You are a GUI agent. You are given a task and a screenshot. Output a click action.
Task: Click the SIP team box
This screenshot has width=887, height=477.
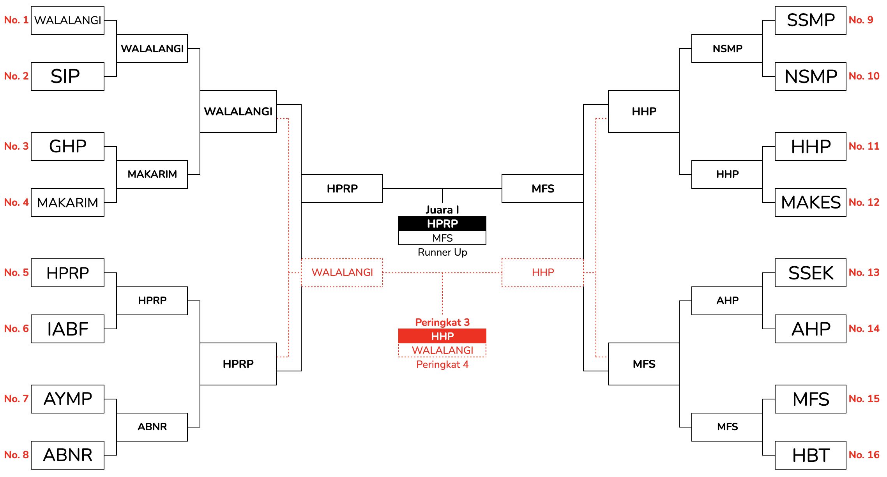[67, 76]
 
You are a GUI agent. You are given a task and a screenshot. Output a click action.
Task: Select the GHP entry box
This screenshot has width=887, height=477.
[67, 147]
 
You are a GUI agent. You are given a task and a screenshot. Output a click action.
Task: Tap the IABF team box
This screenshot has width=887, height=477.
[67, 329]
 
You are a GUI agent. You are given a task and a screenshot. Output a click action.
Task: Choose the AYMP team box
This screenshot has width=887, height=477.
[67, 399]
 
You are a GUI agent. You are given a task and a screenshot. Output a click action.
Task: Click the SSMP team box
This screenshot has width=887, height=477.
[810, 20]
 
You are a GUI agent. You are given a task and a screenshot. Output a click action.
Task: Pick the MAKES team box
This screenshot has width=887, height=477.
[810, 203]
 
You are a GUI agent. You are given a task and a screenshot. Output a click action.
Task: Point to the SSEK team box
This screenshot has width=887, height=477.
[810, 273]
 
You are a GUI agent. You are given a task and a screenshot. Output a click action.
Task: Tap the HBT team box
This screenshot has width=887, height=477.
[810, 455]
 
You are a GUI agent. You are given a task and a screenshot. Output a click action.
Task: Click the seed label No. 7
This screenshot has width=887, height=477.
[16, 399]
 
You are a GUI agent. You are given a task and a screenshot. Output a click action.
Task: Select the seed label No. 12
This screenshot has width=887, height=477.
[864, 202]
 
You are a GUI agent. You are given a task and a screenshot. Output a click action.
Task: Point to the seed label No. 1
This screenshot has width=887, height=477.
[16, 20]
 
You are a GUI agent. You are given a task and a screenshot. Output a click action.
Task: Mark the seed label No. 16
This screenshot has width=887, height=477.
[864, 455]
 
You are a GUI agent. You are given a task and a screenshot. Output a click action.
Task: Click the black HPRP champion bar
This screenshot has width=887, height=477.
[442, 224]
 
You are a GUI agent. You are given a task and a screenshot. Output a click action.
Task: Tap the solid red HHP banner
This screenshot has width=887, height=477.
[442, 336]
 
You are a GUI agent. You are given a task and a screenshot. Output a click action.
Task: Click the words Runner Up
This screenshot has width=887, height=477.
[442, 252]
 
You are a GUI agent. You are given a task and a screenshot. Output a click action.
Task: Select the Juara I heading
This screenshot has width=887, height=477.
[442, 210]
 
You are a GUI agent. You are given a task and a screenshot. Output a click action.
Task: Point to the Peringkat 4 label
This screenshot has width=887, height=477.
[442, 364]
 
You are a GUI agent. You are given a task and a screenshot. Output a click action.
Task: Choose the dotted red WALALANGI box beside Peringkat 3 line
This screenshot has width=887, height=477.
[342, 273]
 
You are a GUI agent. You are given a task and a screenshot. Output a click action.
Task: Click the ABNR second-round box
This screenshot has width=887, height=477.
[152, 427]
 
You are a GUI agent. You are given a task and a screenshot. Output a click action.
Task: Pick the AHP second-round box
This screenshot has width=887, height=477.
[727, 301]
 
